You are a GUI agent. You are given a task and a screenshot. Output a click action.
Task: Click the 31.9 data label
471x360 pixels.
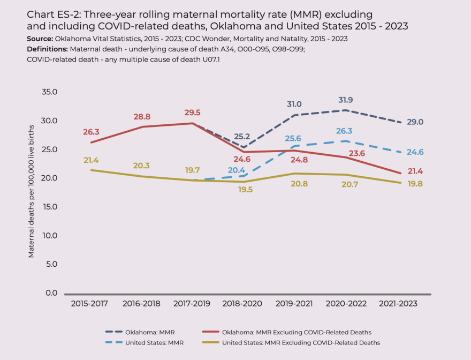(x=345, y=100)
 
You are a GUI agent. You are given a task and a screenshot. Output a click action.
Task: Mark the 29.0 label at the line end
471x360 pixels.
(x=414, y=122)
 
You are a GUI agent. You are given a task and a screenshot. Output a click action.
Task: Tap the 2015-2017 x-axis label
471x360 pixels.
(x=89, y=303)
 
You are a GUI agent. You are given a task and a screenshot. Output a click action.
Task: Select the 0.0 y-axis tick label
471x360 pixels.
(x=51, y=293)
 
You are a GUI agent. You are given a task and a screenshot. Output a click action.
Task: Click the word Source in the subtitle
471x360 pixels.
(x=39, y=39)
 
